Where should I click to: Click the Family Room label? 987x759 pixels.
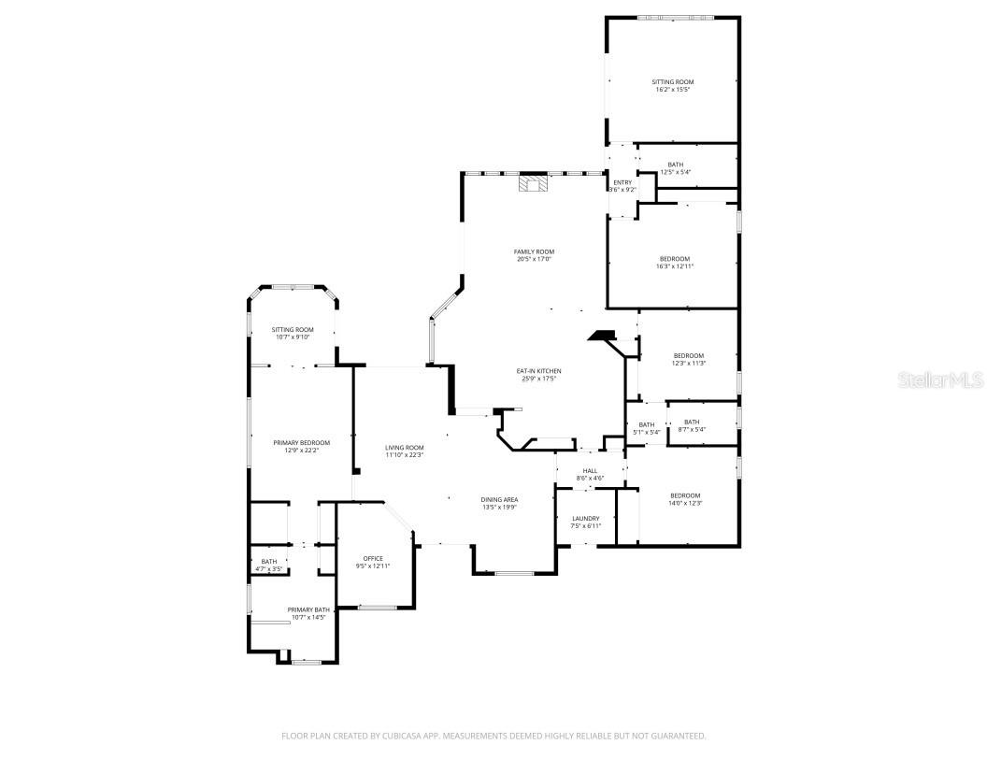(534, 251)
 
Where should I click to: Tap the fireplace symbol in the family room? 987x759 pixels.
(534, 183)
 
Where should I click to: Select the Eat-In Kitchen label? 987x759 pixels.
(538, 371)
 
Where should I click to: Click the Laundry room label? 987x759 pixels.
(585, 519)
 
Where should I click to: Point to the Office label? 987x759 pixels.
(373, 559)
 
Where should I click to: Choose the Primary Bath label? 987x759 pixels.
(308, 609)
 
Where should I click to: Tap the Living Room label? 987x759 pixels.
(405, 448)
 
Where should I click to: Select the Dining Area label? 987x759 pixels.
(500, 500)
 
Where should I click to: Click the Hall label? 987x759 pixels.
(590, 471)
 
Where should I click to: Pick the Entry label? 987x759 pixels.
(622, 182)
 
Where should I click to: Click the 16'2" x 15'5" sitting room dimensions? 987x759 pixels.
(673, 91)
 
